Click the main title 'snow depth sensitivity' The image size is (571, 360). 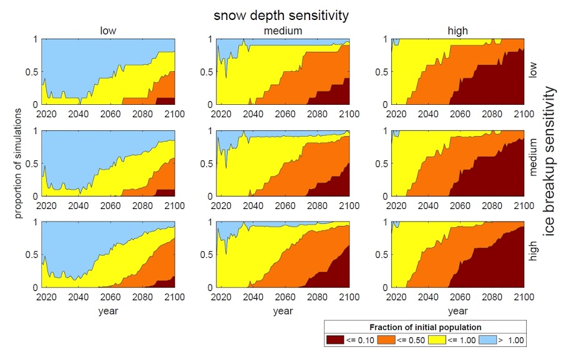click(281, 16)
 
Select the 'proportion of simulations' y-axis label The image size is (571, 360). click(18, 163)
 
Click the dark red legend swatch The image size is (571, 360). click(335, 340)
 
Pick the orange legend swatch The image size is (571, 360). click(386, 340)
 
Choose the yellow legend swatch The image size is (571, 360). click(437, 340)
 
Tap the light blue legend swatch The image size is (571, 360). click(487, 340)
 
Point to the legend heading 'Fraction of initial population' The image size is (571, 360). click(426, 327)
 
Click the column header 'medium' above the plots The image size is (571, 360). click(283, 31)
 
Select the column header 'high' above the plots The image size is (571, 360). click(458, 31)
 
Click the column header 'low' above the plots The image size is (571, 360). click(108, 31)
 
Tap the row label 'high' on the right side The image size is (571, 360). click(532, 251)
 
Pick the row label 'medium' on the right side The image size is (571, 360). click(532, 157)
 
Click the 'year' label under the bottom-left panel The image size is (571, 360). click(108, 311)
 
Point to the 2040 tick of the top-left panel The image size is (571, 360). click(79, 114)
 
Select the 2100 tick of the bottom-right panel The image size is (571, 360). click(524, 297)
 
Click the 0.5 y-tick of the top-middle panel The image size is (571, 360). click(206, 72)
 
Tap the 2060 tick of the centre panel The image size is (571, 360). click(285, 206)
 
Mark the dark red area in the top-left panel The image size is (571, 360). click(165, 101)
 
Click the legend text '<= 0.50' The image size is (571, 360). click(411, 340)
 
